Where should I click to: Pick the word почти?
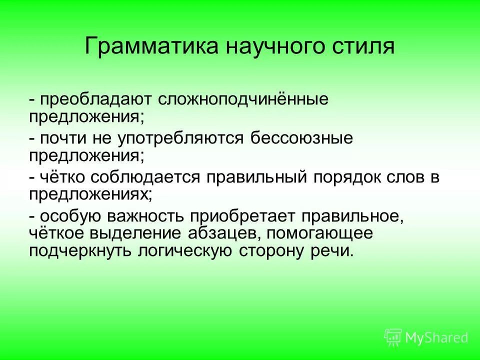coord(61,138)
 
